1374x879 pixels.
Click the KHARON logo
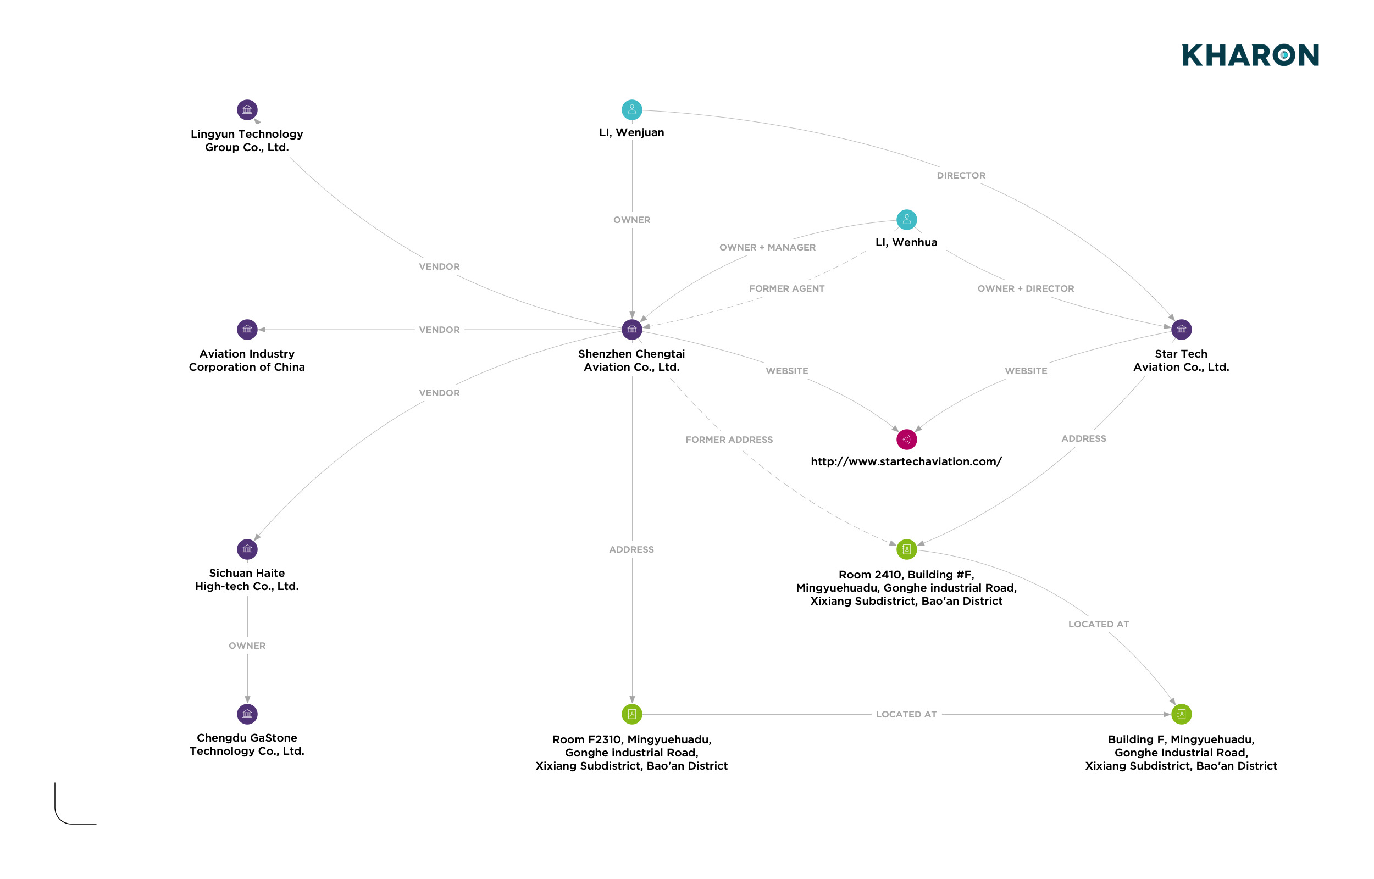pos(1250,55)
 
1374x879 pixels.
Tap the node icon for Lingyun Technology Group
pos(247,109)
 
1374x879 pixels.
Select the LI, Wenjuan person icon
pos(631,109)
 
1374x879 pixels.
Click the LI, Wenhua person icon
pos(906,220)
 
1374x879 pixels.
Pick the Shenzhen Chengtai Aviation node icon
pos(631,329)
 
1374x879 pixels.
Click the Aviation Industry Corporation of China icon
pos(247,329)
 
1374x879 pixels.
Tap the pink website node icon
pos(906,439)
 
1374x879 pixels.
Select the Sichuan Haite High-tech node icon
pos(247,549)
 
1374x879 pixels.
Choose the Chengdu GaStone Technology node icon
pos(247,714)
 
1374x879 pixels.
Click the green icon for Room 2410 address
pos(906,549)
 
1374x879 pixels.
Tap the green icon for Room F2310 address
pos(631,714)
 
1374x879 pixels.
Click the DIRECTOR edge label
pos(961,176)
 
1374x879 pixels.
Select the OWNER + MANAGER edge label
pos(767,248)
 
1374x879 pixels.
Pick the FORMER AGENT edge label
pos(786,289)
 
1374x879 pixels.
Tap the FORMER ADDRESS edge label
pos(729,440)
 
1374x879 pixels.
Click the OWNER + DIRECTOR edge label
pos(1025,289)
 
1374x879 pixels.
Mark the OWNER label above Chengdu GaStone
pos(247,646)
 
